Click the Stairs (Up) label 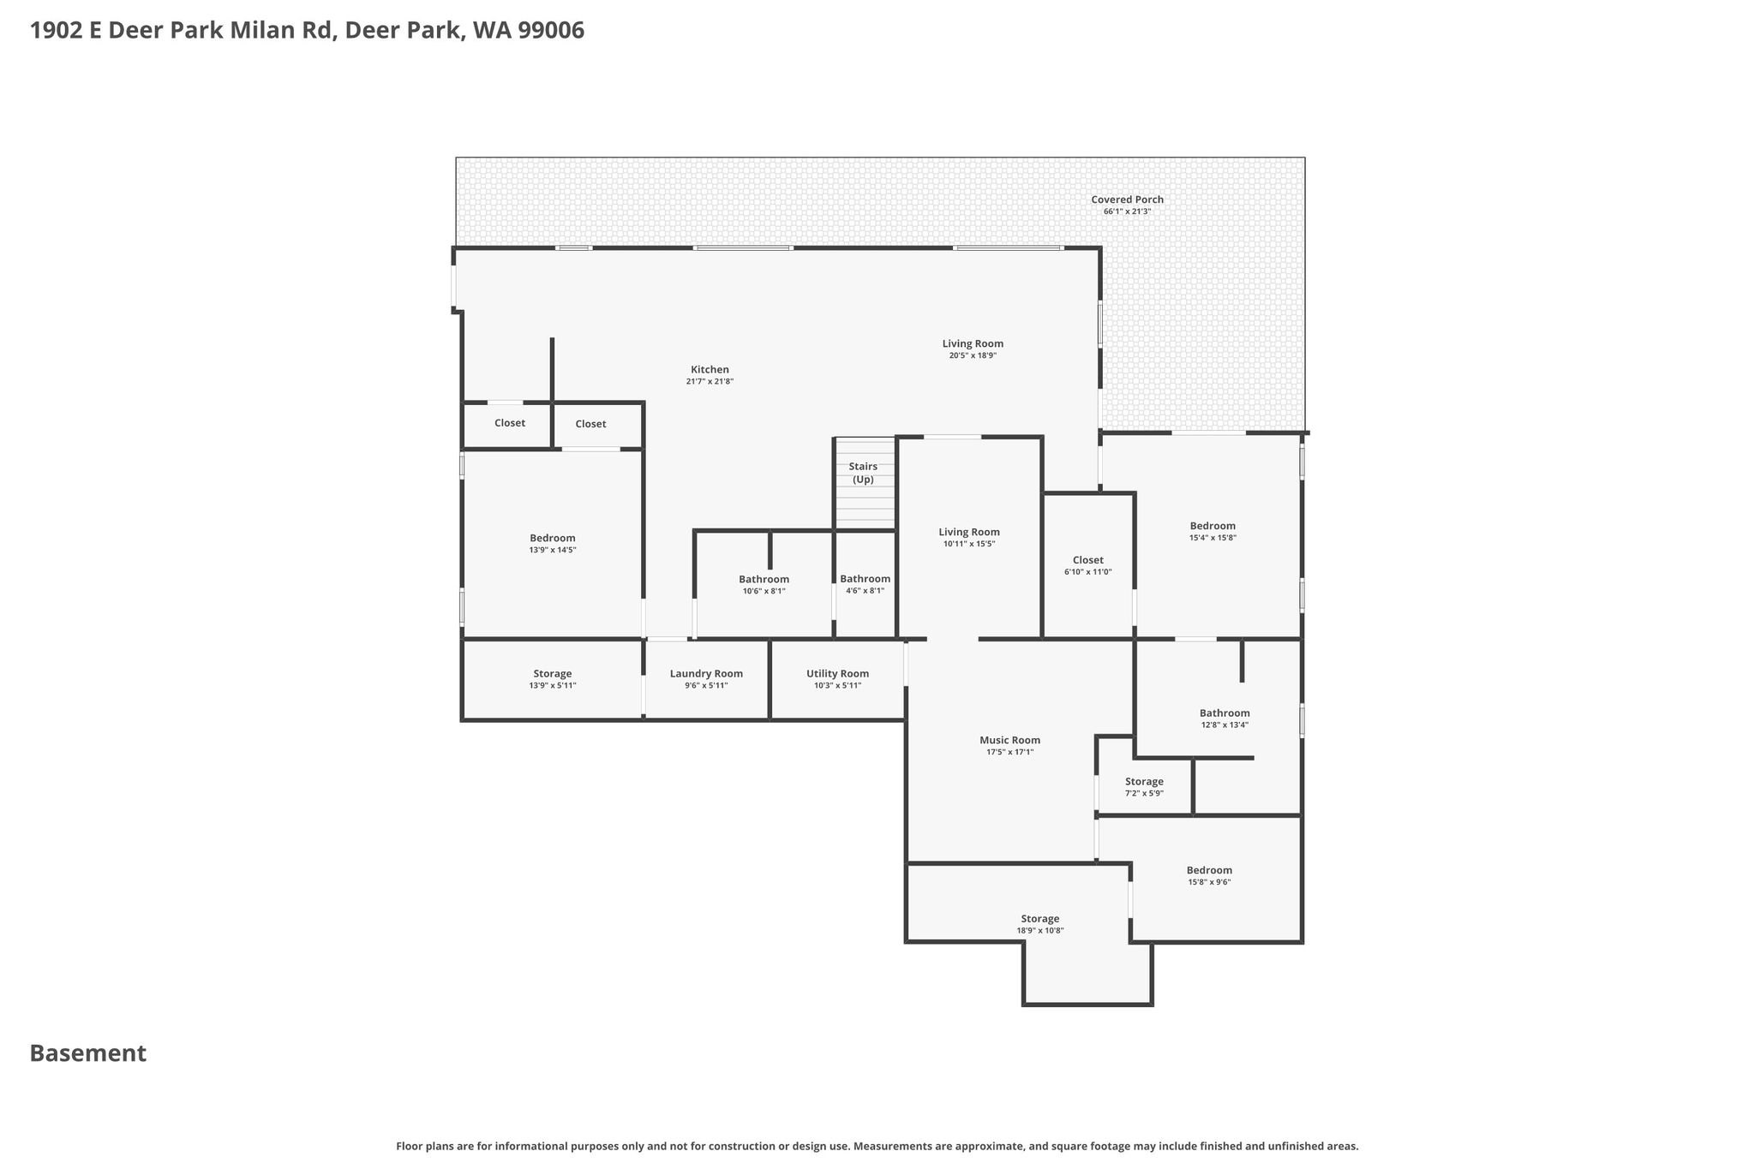click(863, 473)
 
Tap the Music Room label click(1010, 740)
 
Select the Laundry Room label click(706, 674)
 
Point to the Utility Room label click(838, 674)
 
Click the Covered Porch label click(1128, 200)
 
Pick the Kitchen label click(710, 370)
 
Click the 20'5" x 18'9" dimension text click(973, 355)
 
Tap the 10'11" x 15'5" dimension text click(969, 544)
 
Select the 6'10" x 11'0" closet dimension click(1088, 572)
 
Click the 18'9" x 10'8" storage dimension click(1040, 930)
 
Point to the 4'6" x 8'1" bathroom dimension click(865, 591)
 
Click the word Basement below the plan click(88, 1053)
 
